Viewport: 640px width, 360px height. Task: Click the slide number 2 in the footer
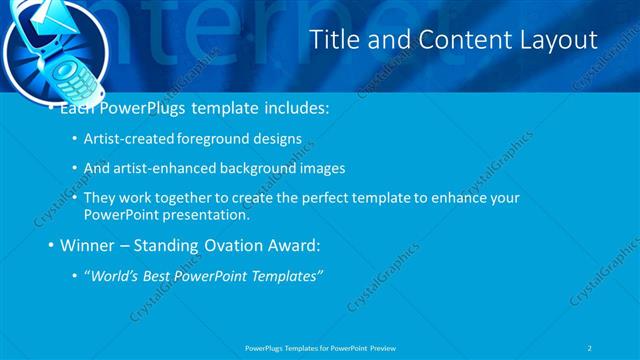click(591, 347)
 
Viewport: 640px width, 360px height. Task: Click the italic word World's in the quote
click(118, 275)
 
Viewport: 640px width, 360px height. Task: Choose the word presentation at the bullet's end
click(207, 214)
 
